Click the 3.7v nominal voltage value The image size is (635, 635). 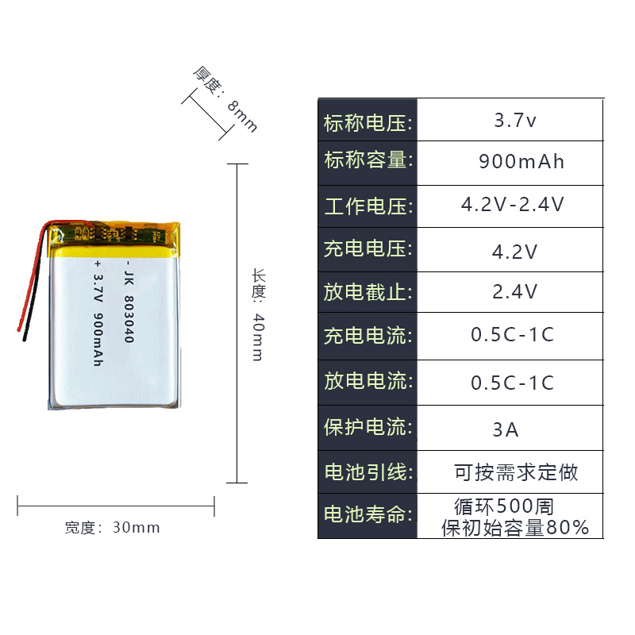pyautogui.click(x=515, y=121)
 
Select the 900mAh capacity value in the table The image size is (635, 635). pyautogui.click(x=521, y=162)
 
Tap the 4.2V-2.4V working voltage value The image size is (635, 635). pyautogui.click(x=513, y=205)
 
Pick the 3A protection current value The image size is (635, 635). pyautogui.click(x=506, y=430)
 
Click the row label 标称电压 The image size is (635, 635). pyautogui.click(x=368, y=123)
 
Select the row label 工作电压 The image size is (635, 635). pyautogui.click(x=368, y=206)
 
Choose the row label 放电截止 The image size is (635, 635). pyautogui.click(x=368, y=292)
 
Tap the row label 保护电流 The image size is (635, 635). pyautogui.click(x=368, y=427)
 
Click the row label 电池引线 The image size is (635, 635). pyautogui.click(x=368, y=472)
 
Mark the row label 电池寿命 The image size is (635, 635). pyautogui.click(x=368, y=514)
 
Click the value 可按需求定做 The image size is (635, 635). pyautogui.click(x=516, y=473)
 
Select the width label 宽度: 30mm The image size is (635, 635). pyautogui.click(x=112, y=527)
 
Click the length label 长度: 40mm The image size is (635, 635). pyautogui.click(x=258, y=314)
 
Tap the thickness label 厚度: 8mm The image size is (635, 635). pyautogui.click(x=225, y=98)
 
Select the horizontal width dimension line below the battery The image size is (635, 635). pyautogui.click(x=116, y=504)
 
